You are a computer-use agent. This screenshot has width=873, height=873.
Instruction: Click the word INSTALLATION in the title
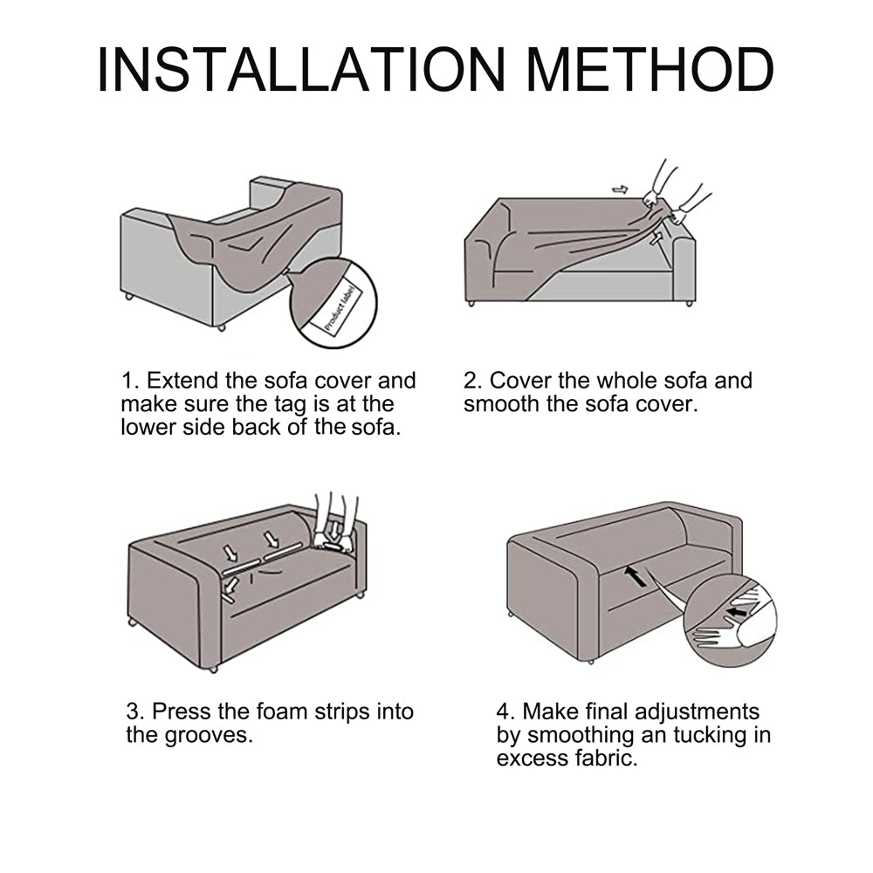click(301, 69)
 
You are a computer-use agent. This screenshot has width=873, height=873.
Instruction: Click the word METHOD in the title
click(650, 69)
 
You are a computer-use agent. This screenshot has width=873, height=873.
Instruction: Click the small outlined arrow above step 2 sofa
click(620, 189)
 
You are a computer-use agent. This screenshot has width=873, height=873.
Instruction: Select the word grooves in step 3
click(209, 735)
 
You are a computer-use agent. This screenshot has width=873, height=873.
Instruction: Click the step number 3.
click(134, 711)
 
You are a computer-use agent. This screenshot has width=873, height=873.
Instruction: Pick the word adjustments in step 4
click(697, 712)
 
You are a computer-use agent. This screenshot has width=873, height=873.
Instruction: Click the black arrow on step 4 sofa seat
click(635, 576)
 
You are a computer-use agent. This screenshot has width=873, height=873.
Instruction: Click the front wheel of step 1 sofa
click(221, 328)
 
